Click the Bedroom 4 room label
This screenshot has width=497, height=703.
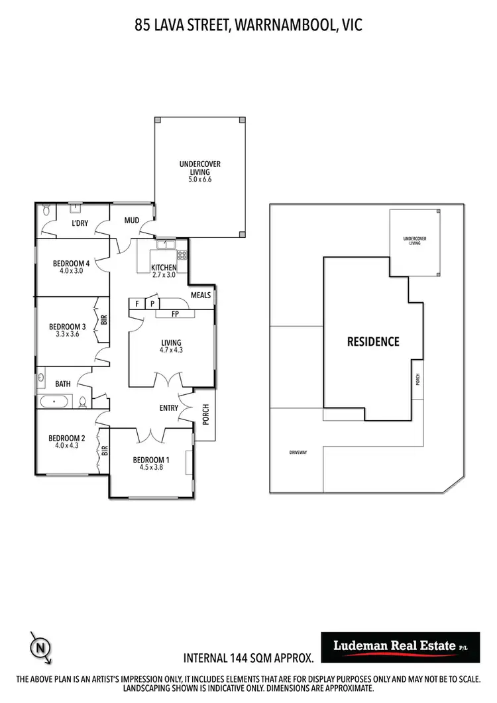[x=71, y=263]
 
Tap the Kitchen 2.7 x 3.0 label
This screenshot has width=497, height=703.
[x=164, y=271]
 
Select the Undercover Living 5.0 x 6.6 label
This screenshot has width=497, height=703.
[x=200, y=171]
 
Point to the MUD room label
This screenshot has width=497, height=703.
[x=131, y=220]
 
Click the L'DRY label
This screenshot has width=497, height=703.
[x=80, y=224]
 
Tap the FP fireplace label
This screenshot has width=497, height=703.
[x=176, y=314]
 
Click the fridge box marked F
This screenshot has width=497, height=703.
[x=137, y=303]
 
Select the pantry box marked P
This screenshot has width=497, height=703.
[x=152, y=303]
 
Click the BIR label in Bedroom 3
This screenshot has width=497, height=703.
[x=103, y=319]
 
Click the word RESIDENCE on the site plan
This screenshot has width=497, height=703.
[x=373, y=342]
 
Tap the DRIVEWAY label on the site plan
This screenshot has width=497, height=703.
[x=298, y=453]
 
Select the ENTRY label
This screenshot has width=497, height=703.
[x=169, y=408]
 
